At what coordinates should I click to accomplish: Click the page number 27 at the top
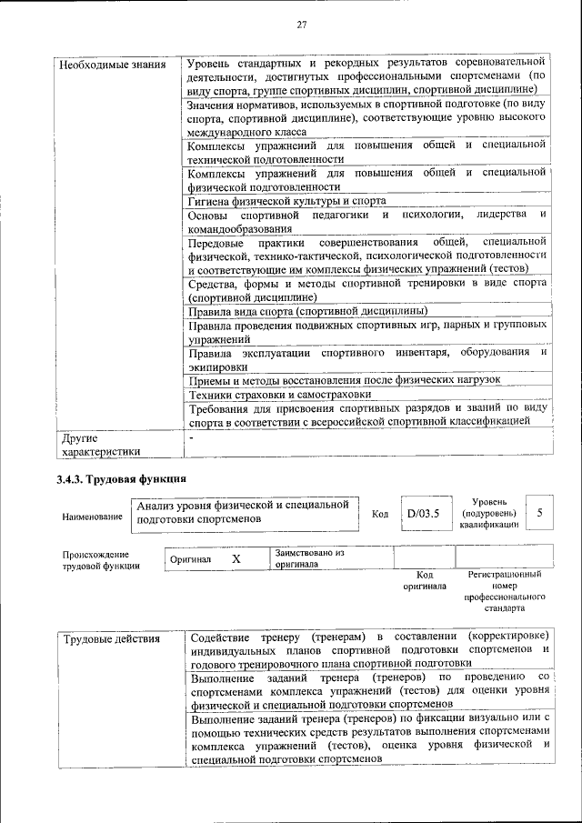tap(301, 24)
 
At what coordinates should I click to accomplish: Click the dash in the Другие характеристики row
tap(190, 437)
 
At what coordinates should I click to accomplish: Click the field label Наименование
tap(92, 517)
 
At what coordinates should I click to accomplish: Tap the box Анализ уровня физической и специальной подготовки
tap(243, 511)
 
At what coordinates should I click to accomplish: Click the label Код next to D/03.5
tap(380, 515)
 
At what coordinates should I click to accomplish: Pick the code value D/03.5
tap(423, 514)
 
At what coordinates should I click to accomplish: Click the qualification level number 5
tap(540, 514)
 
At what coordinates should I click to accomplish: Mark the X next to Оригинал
tap(236, 558)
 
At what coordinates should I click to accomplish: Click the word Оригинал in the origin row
tap(191, 559)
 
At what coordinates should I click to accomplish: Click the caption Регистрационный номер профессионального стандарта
tap(504, 592)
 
